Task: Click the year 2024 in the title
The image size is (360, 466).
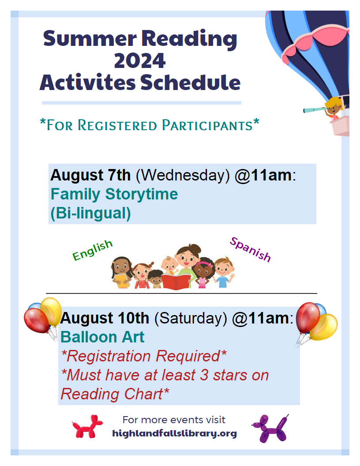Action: point(139,60)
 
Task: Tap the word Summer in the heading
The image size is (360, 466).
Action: point(90,39)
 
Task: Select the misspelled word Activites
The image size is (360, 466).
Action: point(88,83)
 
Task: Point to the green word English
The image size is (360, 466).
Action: point(92,250)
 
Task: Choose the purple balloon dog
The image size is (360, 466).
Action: point(270,428)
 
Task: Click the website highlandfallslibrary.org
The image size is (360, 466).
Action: point(174,433)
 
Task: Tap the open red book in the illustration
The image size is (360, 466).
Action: point(176,282)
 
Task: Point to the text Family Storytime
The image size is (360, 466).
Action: point(114,194)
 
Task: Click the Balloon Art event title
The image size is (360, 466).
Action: point(102,337)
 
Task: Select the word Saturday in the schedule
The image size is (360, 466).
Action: point(191,318)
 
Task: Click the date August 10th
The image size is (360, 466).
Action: point(105,318)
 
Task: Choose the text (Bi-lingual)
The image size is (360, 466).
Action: point(90,214)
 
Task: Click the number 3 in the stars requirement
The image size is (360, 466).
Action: point(204,375)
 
